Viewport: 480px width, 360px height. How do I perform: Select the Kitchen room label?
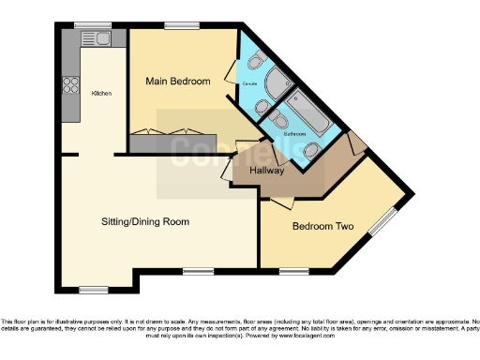[101, 94]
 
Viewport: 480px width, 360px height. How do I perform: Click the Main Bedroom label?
[176, 81]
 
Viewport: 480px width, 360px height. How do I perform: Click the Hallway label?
[265, 170]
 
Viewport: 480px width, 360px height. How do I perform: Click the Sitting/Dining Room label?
[145, 222]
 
